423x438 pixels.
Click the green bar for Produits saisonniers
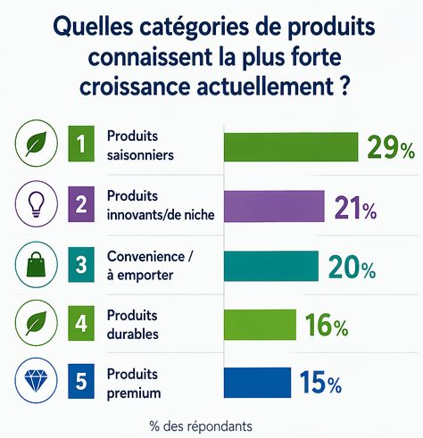tap(290, 146)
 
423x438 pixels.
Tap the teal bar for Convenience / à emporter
tap(270, 266)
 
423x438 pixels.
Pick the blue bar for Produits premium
tap(257, 383)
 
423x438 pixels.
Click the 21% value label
tap(354, 208)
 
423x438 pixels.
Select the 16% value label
tap(325, 326)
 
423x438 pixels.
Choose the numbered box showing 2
tap(80, 206)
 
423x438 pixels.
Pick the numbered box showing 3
tap(80, 266)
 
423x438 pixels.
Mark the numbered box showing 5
tap(80, 383)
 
